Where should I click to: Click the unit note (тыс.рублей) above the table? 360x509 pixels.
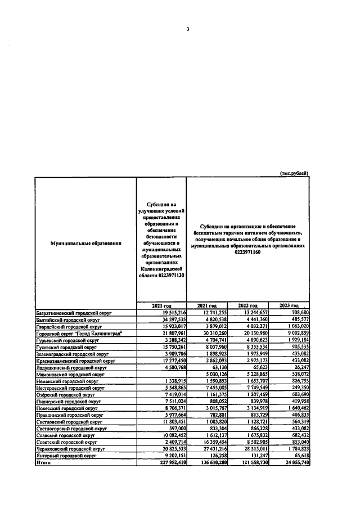pyautogui.click(x=294, y=173)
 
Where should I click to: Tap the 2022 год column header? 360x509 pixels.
pyautogui.click(x=248, y=305)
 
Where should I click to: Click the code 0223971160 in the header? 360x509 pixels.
pyautogui.click(x=247, y=253)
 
